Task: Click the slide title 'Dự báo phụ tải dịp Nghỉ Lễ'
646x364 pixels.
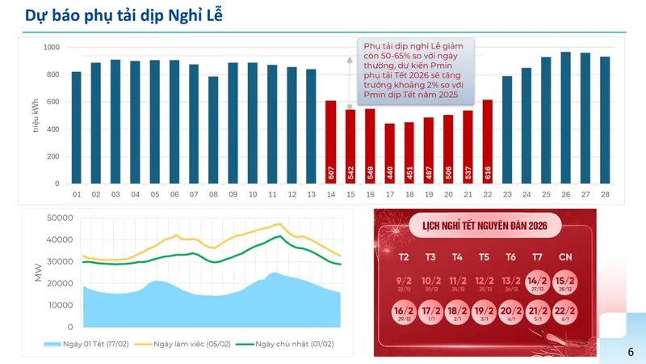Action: click(121, 15)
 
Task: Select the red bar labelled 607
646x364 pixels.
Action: click(331, 142)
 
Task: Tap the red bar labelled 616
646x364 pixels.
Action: click(487, 142)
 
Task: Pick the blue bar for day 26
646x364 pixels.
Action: click(565, 118)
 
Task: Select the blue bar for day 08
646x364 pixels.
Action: click(213, 130)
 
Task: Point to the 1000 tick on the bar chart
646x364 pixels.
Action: click(51, 48)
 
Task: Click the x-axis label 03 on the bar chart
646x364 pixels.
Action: click(115, 195)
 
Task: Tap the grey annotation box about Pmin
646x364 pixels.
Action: click(416, 71)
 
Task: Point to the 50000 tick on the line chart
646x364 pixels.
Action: click(60, 218)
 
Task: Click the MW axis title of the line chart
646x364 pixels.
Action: click(37, 273)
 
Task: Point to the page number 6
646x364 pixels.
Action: click(631, 352)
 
